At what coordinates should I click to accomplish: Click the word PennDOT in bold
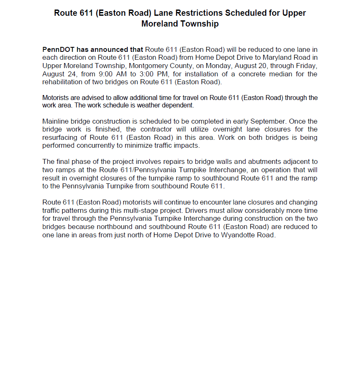pyautogui.click(x=57, y=49)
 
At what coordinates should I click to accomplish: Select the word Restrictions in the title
pyautogui.click(x=200, y=13)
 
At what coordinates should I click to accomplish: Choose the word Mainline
pyautogui.click(x=55, y=122)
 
